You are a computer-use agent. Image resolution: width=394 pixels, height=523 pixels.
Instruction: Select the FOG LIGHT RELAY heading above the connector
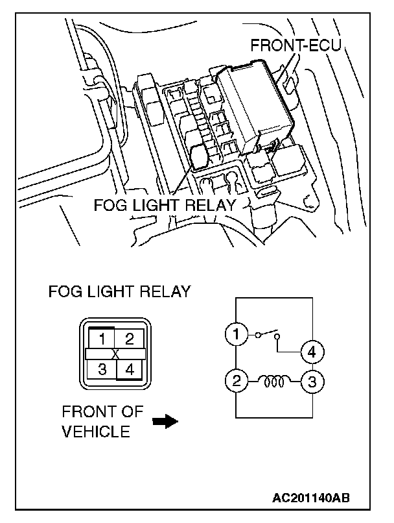point(120,291)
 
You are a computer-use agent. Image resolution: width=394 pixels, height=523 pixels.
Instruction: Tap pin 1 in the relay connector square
point(102,338)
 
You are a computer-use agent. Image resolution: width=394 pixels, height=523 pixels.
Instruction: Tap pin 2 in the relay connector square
point(130,338)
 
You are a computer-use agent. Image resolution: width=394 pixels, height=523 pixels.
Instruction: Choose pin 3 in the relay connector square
point(102,370)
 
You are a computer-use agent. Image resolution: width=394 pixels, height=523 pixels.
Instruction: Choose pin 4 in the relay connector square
point(130,370)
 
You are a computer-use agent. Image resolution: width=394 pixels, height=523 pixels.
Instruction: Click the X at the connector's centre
point(115,354)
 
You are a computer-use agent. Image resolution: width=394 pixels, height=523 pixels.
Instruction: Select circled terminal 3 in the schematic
point(312,381)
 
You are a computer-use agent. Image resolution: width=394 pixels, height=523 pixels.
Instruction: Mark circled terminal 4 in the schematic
point(312,353)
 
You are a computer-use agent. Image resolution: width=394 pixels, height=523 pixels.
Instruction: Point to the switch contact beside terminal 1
point(268,336)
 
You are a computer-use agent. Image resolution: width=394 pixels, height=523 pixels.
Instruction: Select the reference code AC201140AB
point(312,498)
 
